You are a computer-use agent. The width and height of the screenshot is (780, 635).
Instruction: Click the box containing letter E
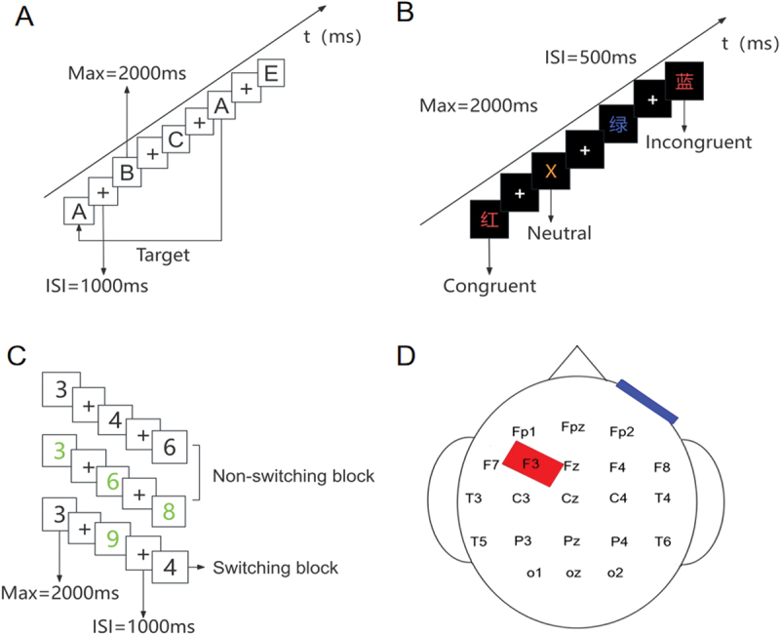(271, 73)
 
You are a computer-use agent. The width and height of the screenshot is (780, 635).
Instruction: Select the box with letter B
(127, 173)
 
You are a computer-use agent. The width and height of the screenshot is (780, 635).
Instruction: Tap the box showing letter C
(175, 139)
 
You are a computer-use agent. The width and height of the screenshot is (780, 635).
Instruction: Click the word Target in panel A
(163, 256)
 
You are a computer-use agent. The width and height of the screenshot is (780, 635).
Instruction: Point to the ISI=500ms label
(591, 58)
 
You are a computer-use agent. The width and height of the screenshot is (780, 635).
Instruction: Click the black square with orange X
(551, 171)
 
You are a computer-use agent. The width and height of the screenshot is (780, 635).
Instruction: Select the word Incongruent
(698, 142)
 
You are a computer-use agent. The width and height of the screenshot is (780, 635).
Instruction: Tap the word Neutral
(559, 233)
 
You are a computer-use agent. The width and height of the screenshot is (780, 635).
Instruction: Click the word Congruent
(489, 286)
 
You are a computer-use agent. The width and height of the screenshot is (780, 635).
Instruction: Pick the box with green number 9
(113, 538)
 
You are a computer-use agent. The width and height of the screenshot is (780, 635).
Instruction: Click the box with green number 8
(169, 511)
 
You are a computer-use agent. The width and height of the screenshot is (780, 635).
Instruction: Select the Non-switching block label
(293, 476)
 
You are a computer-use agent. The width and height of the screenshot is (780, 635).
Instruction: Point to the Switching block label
(276, 568)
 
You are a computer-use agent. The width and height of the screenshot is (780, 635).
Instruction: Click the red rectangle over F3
(531, 463)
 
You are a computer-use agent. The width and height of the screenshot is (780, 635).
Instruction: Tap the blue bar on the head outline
(647, 402)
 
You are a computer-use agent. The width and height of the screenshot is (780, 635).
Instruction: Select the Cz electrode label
(570, 498)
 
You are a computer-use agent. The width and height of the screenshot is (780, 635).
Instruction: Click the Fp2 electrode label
(622, 431)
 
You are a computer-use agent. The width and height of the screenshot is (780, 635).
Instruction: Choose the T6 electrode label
(663, 541)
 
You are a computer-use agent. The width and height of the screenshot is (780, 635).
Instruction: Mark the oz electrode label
(573, 574)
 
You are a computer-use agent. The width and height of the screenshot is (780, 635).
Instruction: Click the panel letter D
(406, 356)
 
